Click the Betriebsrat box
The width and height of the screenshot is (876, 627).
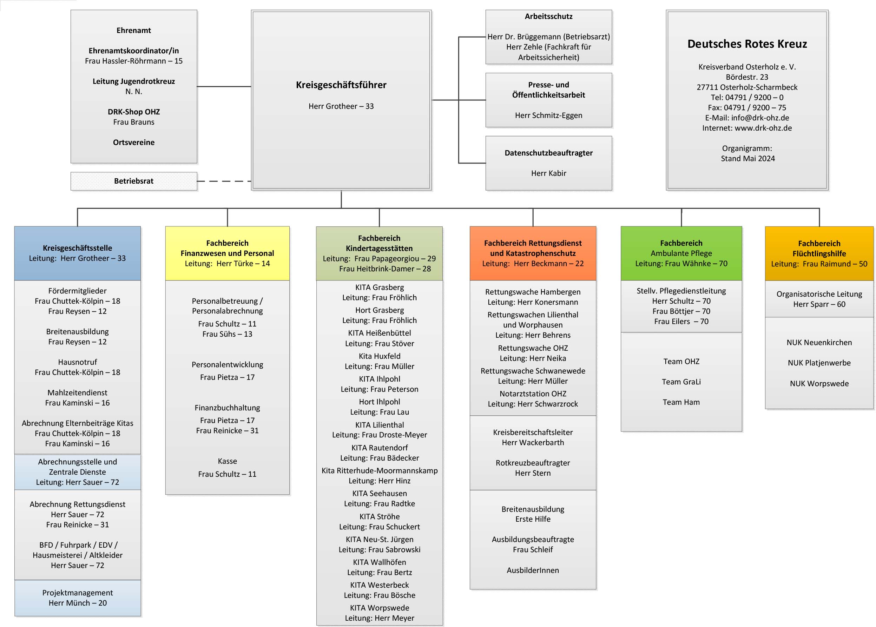tap(133, 181)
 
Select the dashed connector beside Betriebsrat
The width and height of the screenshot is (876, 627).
tap(224, 181)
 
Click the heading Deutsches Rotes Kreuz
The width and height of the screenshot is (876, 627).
tap(747, 44)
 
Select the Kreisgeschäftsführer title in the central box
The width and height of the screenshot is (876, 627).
tap(341, 85)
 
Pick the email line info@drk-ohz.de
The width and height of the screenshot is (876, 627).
tap(747, 118)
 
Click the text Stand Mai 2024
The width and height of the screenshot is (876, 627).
tap(747, 159)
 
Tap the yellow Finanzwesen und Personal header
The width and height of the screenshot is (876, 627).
tap(227, 253)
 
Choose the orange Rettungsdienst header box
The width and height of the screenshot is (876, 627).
tap(533, 253)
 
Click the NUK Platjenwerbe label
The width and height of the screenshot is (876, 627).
tap(819, 363)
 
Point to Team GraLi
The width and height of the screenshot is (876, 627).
tap(681, 382)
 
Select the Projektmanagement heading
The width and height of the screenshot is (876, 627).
tap(77, 593)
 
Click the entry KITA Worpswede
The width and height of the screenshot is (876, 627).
tap(379, 608)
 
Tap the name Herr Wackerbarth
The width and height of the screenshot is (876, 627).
tap(533, 442)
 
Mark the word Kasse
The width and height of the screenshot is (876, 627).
tap(227, 461)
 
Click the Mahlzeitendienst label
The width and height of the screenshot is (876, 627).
tap(77, 392)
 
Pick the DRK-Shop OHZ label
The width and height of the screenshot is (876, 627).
tap(133, 112)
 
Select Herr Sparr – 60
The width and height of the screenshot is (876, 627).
tap(819, 304)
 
